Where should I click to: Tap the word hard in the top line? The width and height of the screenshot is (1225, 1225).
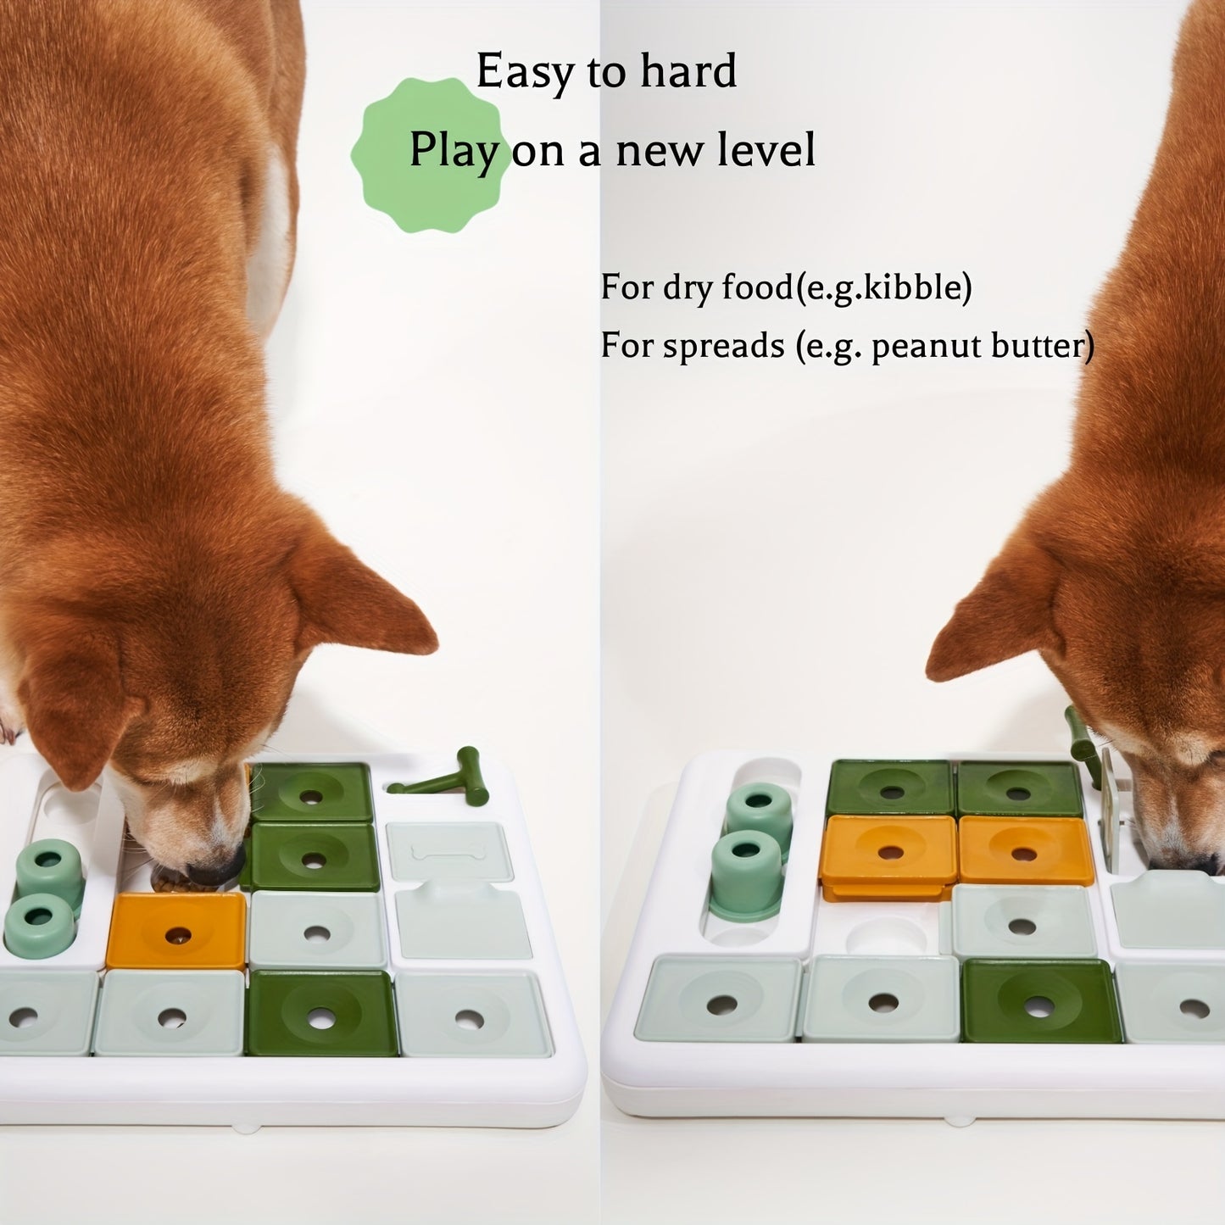coord(688,72)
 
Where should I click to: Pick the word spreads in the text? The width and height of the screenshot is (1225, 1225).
coord(723,347)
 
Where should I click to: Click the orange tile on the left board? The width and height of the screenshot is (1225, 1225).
coord(176,931)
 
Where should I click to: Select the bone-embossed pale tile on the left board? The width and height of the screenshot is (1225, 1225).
coord(449,850)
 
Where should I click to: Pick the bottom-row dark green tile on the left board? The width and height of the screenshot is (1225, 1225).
coord(321,1013)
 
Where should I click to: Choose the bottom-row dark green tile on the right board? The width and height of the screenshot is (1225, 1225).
coord(1042,1001)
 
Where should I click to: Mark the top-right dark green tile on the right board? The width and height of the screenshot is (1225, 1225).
coord(1019,788)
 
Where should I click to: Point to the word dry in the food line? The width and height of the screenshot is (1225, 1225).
coord(684,287)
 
